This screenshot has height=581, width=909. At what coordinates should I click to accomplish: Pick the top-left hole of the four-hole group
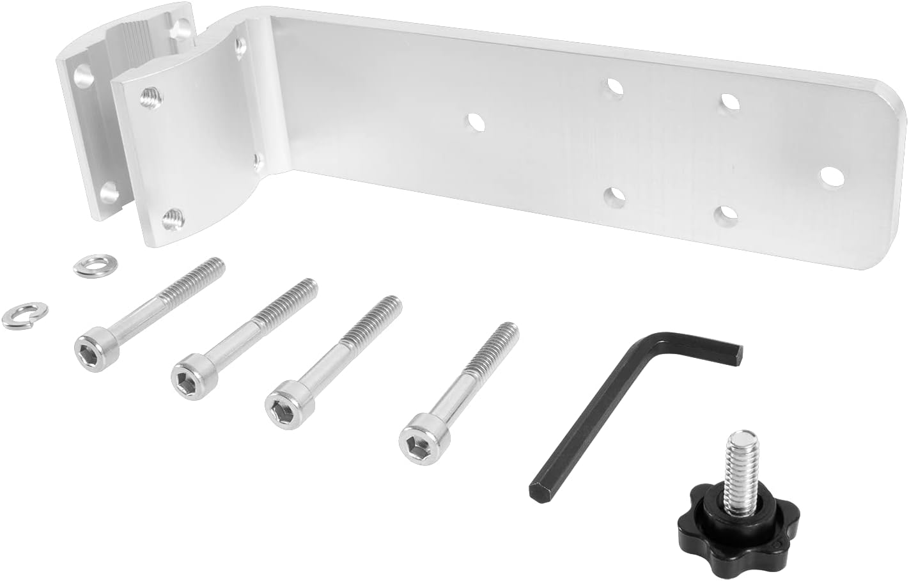614,86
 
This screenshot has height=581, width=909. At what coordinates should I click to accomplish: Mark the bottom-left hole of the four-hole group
614,195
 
